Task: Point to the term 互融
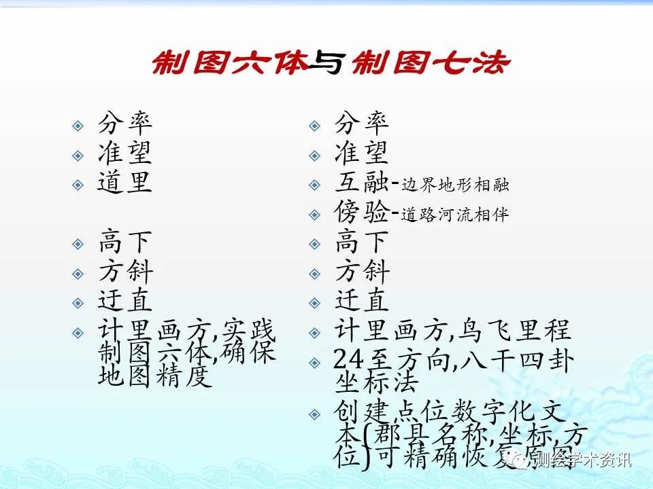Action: coord(361,183)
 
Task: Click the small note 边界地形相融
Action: coord(455,185)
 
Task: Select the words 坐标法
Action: coord(376,383)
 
